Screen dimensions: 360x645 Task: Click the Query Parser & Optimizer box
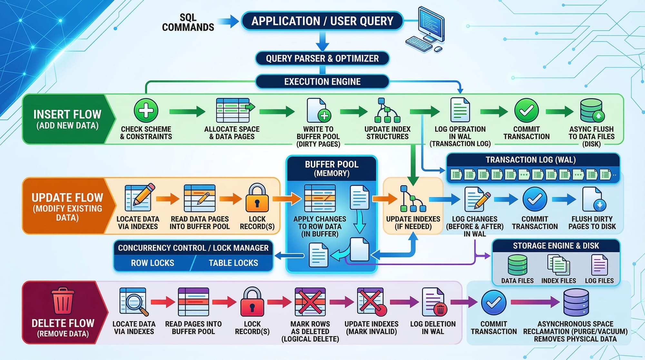(x=322, y=58)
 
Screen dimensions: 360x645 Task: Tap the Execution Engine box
(x=322, y=82)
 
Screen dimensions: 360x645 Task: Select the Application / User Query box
(x=322, y=21)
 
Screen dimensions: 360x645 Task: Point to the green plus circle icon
(x=146, y=110)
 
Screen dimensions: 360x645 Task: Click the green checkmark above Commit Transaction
(x=526, y=110)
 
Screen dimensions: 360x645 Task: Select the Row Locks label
(x=153, y=263)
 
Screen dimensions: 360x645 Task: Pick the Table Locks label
(x=233, y=263)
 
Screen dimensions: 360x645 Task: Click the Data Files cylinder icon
(x=517, y=265)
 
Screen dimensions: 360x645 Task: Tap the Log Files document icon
(x=599, y=265)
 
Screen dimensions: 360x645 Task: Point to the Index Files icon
(x=559, y=265)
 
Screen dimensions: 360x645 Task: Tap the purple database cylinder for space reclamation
(x=576, y=302)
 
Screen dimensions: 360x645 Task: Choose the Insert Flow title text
(x=67, y=115)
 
